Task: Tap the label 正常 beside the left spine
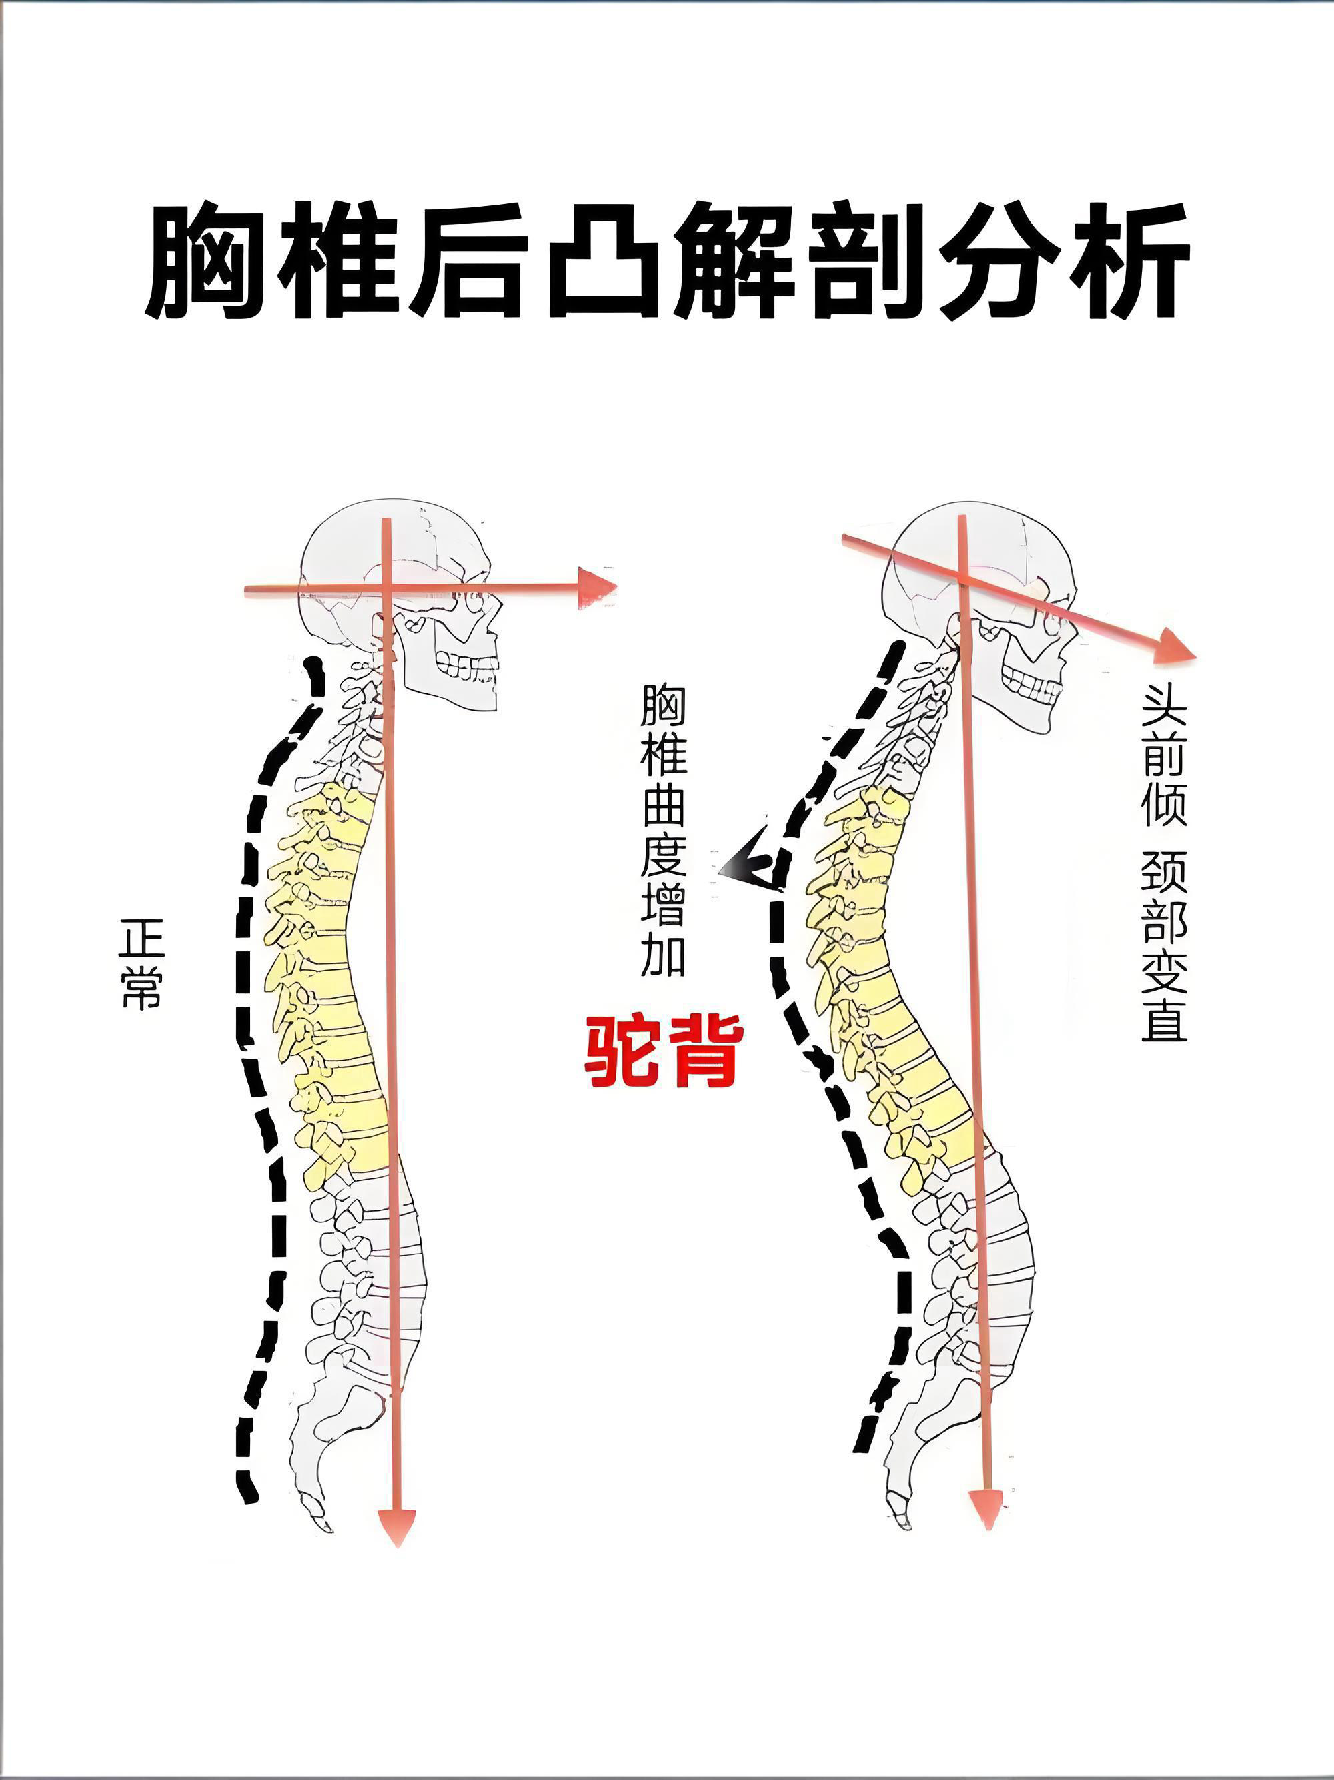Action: pos(141,964)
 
